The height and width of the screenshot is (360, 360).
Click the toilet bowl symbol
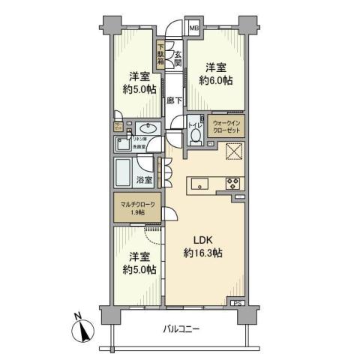[196, 136]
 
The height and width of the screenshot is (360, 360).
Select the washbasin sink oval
[148, 128]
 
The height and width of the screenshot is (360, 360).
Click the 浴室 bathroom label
[145, 180]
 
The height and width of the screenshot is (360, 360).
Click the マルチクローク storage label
[136, 202]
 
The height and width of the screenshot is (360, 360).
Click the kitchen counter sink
[201, 184]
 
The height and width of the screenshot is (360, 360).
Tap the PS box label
[237, 303]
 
